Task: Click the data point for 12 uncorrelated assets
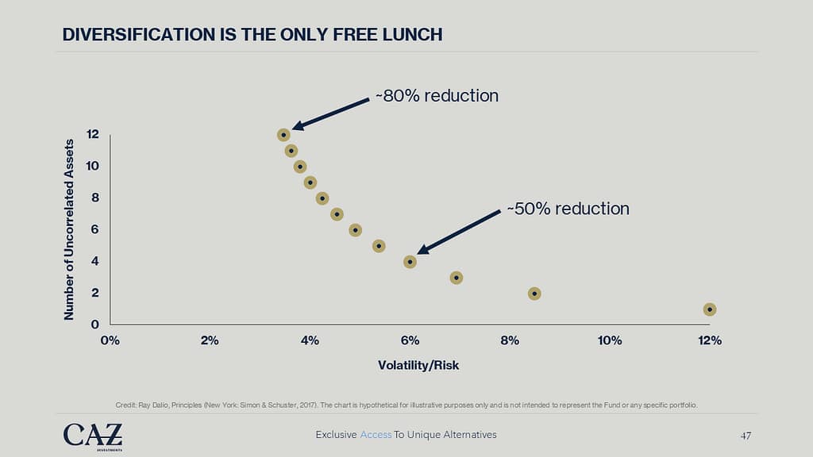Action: (283, 135)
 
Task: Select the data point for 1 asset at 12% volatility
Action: (709, 309)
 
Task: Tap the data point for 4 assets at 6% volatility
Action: (410, 262)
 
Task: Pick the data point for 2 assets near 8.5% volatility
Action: (534, 294)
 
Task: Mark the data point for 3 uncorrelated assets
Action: (456, 278)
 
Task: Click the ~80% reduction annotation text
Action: (436, 96)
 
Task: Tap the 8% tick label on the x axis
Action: (510, 340)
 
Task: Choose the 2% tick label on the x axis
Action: (210, 340)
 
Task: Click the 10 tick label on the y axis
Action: (93, 166)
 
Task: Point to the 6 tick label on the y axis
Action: (95, 229)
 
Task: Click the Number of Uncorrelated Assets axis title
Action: (69, 229)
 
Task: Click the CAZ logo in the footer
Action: (93, 436)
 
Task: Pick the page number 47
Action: (746, 435)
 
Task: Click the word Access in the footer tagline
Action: (375, 435)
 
